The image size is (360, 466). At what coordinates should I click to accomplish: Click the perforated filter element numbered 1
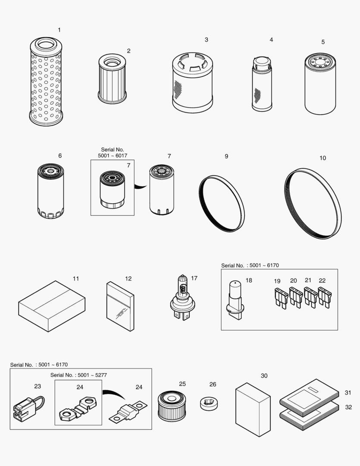coord(46,82)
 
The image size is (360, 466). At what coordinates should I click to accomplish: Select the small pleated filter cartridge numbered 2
coord(112,79)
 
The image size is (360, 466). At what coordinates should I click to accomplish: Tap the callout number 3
coord(207,40)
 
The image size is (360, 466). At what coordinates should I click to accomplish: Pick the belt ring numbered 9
coord(222,203)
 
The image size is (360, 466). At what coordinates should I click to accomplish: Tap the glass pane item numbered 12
coord(120,306)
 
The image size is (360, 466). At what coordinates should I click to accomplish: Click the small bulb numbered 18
coord(235,298)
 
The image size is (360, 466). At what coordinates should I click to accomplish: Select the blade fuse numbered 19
coord(280,298)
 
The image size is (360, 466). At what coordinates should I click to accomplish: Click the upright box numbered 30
coord(253,409)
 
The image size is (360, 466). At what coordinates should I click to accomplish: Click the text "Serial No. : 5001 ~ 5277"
coord(78,375)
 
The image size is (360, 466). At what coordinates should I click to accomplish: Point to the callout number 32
coord(348,407)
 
